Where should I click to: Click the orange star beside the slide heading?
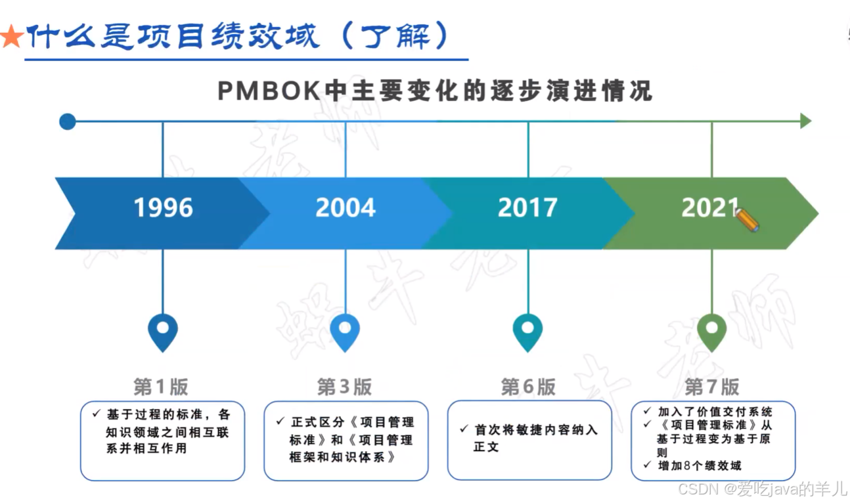[x=11, y=37]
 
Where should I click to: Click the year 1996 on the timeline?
[x=164, y=208]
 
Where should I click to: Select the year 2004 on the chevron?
[x=346, y=208]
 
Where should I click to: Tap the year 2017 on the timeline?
[x=527, y=208]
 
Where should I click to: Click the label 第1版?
[x=161, y=387]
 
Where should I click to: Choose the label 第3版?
[x=344, y=387]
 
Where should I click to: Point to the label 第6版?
[x=528, y=387]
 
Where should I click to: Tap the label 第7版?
[x=711, y=387]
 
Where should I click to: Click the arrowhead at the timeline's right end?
[x=805, y=121]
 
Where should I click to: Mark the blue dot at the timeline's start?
[x=67, y=121]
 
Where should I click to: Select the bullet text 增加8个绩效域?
[x=700, y=466]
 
